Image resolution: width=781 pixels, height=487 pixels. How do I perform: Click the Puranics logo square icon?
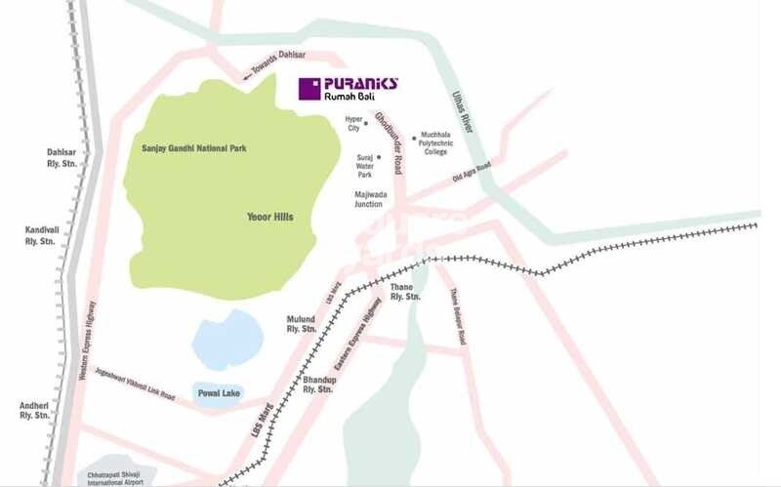click(309, 89)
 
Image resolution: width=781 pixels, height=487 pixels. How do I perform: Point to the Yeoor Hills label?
click(270, 217)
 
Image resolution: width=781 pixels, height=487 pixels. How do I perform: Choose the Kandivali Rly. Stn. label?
click(43, 235)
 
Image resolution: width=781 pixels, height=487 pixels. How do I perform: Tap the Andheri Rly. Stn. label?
click(35, 410)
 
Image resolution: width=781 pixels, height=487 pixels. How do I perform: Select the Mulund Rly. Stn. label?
click(301, 324)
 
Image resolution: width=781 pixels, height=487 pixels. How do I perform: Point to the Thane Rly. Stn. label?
click(405, 291)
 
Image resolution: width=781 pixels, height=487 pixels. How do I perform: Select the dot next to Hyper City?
click(366, 124)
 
